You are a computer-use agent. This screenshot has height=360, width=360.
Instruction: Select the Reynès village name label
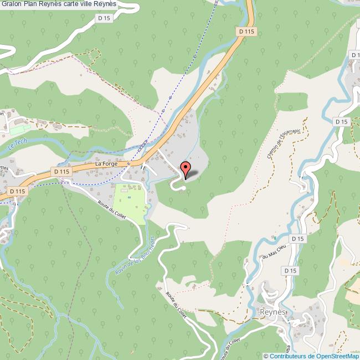pos(272,312)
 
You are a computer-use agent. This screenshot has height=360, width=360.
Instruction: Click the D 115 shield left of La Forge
pos(62,172)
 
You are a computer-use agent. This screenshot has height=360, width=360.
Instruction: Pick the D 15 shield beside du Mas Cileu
pos(297,239)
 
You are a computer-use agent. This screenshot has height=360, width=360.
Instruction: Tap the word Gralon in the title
pos(12,4)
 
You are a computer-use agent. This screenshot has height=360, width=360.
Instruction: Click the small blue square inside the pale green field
pos(129,197)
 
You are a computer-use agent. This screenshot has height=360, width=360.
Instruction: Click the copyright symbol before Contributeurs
pos(266,356)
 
